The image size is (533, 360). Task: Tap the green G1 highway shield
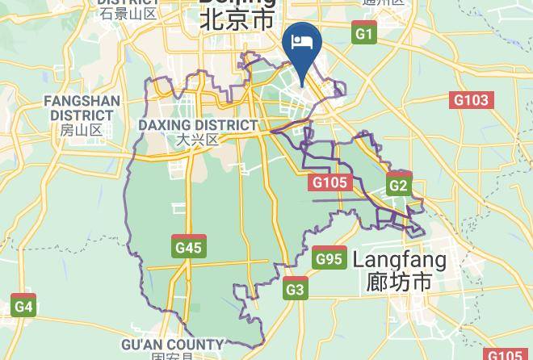(x=365, y=33)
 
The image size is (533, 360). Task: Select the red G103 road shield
(x=471, y=100)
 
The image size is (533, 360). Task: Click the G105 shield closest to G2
(x=329, y=182)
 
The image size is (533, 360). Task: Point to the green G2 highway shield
(x=399, y=185)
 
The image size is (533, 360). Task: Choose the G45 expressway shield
(x=188, y=247)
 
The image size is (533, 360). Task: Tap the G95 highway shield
(x=329, y=258)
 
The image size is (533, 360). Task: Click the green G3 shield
(x=296, y=290)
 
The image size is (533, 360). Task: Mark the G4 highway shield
(x=23, y=306)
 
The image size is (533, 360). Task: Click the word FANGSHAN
(x=82, y=102)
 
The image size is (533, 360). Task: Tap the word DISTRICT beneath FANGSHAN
(x=82, y=115)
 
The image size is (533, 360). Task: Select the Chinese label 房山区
(x=82, y=129)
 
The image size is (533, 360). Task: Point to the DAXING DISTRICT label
(x=198, y=125)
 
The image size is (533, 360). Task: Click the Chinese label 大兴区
(x=198, y=139)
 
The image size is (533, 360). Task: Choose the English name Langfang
(x=400, y=260)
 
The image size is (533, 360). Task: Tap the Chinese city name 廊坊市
(x=400, y=283)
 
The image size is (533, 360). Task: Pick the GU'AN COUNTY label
(x=173, y=345)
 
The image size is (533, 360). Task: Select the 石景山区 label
(x=128, y=13)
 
